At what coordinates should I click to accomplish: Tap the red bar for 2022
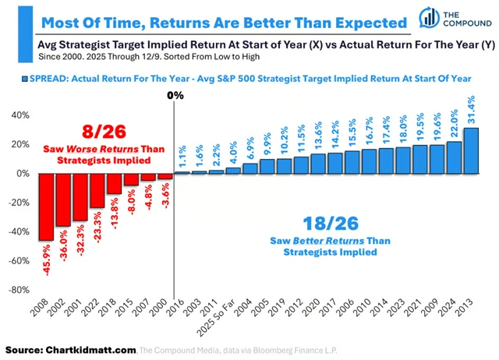pos(97,190)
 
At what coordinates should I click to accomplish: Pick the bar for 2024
pos(454,157)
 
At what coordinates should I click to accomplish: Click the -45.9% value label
pos(47,259)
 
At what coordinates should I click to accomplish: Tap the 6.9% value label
pos(250,150)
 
